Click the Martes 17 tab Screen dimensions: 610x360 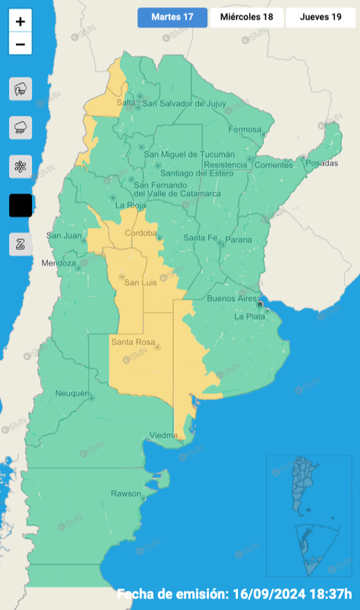pyautogui.click(x=172, y=17)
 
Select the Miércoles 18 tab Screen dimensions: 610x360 pyautogui.click(x=247, y=17)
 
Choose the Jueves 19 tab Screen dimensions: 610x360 pyautogui.click(x=320, y=17)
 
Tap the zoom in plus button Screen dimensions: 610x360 pyautogui.click(x=21, y=22)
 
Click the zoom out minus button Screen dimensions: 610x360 pyautogui.click(x=21, y=44)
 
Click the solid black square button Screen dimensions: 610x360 pyautogui.click(x=21, y=205)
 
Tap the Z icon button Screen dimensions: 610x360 pyautogui.click(x=21, y=244)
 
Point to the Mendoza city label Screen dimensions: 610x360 pyautogui.click(x=58, y=263)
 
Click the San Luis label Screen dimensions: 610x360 pyautogui.click(x=140, y=283)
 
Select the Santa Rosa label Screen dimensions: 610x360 pyautogui.click(x=133, y=342)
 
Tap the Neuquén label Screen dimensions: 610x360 pyautogui.click(x=71, y=393)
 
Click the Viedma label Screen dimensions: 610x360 pyautogui.click(x=163, y=435)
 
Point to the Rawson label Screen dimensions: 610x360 pyautogui.click(x=126, y=493)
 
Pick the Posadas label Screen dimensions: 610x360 pyautogui.click(x=323, y=163)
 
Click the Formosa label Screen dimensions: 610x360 pyautogui.click(x=245, y=130)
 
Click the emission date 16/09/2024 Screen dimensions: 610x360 pyautogui.click(x=285, y=593)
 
